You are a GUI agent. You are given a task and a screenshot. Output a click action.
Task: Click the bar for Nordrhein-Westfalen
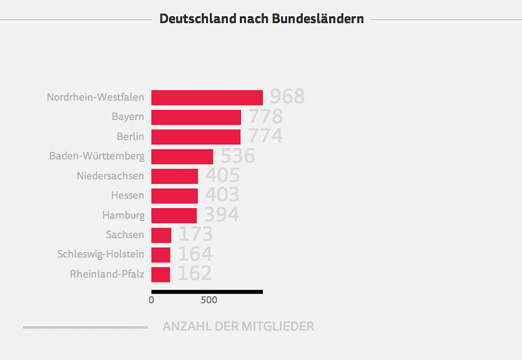pyautogui.click(x=207, y=97)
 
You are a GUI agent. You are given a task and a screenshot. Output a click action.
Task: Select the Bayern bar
pyautogui.click(x=196, y=117)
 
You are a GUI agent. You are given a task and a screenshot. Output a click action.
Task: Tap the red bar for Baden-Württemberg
pyautogui.click(x=182, y=156)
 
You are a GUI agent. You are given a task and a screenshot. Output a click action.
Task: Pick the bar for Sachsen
pyautogui.click(x=161, y=235)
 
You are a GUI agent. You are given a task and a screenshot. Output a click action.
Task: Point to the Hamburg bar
pyautogui.click(x=174, y=216)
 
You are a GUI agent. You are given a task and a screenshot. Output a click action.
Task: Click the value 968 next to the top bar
pyautogui.click(x=287, y=97)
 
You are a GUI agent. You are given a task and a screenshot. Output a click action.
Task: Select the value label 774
pyautogui.click(x=265, y=136)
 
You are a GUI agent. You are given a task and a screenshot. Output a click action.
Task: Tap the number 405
pyautogui.click(x=222, y=176)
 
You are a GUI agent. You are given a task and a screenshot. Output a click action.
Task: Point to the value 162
pyautogui.click(x=195, y=274)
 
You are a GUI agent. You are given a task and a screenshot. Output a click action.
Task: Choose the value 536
pyautogui.click(x=238, y=156)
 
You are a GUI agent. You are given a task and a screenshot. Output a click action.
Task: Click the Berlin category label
pyautogui.click(x=130, y=136)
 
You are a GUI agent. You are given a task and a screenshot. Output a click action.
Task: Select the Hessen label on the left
pyautogui.click(x=127, y=196)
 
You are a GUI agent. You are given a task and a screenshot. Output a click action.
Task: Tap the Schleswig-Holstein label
pyautogui.click(x=101, y=254)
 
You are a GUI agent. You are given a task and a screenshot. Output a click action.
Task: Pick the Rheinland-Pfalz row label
pyautogui.click(x=107, y=274)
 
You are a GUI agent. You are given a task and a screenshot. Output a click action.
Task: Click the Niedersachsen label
pyautogui.click(x=111, y=176)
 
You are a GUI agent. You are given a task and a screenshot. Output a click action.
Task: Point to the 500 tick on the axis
pyautogui.click(x=209, y=300)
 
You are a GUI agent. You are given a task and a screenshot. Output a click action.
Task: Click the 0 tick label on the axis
pyautogui.click(x=151, y=300)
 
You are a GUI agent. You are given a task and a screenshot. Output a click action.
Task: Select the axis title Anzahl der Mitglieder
pyautogui.click(x=239, y=326)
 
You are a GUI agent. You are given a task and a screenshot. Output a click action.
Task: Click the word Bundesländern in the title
pyautogui.click(x=318, y=19)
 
